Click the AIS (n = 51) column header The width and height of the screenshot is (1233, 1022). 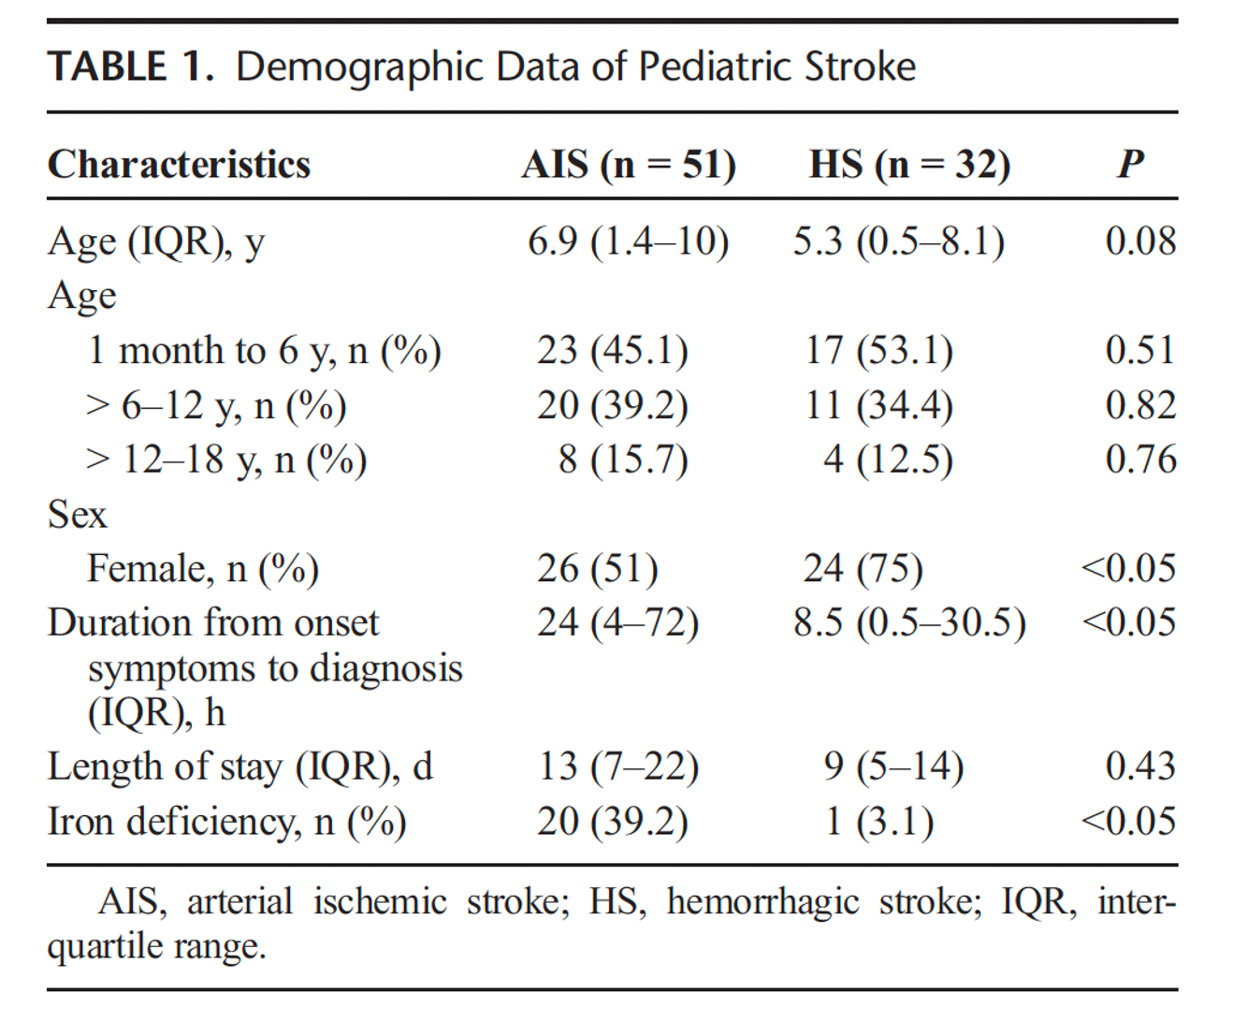(x=629, y=164)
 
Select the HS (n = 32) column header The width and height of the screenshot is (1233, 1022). (x=910, y=164)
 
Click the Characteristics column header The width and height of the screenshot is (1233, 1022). (x=179, y=164)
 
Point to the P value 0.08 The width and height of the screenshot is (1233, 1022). (x=1141, y=241)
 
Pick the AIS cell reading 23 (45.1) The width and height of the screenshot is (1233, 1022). (x=613, y=350)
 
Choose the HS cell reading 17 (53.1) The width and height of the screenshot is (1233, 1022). (x=878, y=350)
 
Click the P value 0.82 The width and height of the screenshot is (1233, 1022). (x=1141, y=405)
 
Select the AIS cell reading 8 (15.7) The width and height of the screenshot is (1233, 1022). (x=623, y=460)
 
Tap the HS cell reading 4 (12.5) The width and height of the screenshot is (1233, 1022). (x=888, y=460)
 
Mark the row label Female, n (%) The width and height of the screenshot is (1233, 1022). (x=203, y=569)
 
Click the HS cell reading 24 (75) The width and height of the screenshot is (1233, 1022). (x=863, y=569)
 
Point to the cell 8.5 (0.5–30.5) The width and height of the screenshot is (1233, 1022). (x=909, y=623)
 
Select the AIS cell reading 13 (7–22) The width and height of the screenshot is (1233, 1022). (x=618, y=766)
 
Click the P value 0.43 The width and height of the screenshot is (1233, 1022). (x=1141, y=766)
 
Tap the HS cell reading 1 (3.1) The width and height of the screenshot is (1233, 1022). (x=879, y=822)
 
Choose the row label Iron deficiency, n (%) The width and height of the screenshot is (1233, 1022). (x=226, y=822)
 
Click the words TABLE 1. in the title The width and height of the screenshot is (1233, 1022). (x=131, y=66)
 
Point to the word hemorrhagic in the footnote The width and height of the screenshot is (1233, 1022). (x=763, y=903)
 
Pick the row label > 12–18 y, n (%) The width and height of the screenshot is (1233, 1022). (x=226, y=460)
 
